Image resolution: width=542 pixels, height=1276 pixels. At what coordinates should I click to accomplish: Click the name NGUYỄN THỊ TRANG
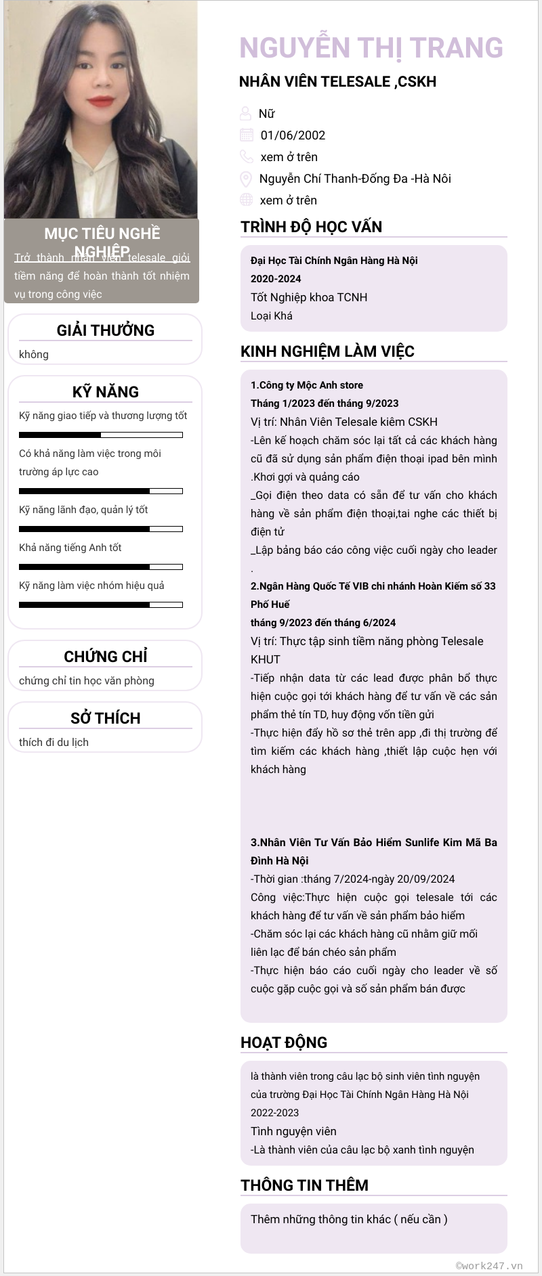click(371, 48)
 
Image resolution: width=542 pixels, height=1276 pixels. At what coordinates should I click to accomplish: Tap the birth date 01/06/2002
click(293, 135)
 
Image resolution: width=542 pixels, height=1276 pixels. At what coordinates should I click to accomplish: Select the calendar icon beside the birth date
click(247, 135)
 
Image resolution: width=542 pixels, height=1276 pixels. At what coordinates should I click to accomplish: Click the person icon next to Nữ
click(245, 113)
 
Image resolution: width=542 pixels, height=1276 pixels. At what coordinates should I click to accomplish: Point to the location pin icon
click(246, 179)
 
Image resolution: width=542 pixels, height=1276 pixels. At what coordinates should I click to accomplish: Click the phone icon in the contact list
click(246, 156)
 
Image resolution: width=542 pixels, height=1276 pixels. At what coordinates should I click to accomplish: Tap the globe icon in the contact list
click(246, 200)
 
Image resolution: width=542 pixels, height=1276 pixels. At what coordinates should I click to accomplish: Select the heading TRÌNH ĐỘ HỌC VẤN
click(311, 227)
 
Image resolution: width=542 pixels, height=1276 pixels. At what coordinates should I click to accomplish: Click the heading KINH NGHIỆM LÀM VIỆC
click(327, 351)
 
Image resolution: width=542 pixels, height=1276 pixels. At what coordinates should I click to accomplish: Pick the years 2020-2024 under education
click(276, 279)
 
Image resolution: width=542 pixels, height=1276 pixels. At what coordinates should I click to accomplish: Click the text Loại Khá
click(272, 315)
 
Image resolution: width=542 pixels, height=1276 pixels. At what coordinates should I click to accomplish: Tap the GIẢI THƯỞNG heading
click(106, 330)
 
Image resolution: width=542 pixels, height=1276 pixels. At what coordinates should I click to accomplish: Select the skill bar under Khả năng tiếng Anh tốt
click(101, 567)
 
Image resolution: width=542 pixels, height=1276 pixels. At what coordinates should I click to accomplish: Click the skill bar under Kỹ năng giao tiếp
click(101, 435)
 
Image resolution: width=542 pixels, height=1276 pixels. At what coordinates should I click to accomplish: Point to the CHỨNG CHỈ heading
click(106, 657)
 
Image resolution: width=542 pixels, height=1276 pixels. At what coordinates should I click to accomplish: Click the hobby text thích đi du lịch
click(54, 742)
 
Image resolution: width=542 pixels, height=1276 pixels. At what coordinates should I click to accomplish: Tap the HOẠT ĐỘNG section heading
click(284, 1042)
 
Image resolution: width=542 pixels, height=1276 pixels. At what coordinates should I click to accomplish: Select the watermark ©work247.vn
click(489, 1265)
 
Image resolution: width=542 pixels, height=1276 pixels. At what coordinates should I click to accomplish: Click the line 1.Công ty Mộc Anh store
click(307, 385)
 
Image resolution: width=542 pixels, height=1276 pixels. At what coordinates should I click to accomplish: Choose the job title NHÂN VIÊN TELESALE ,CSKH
click(337, 82)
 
